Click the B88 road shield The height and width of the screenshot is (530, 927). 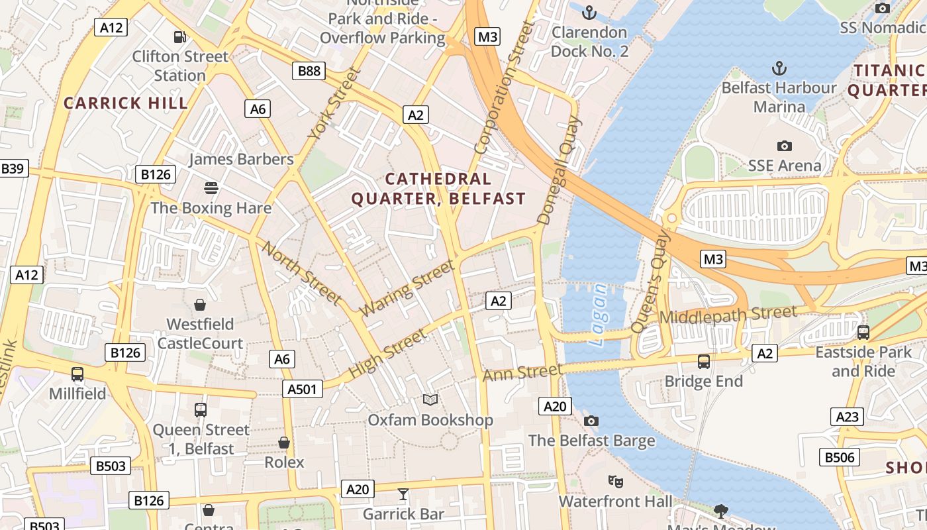pyautogui.click(x=309, y=71)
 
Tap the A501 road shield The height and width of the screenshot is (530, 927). pyautogui.click(x=303, y=389)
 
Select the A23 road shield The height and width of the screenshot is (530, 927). pyautogui.click(x=847, y=417)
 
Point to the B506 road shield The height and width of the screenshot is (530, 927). pyautogui.click(x=840, y=457)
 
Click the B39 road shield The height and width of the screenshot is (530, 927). pyautogui.click(x=12, y=168)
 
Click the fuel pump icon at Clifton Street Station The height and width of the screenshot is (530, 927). pyautogui.click(x=179, y=37)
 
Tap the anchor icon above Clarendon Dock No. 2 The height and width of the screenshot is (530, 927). pyautogui.click(x=589, y=13)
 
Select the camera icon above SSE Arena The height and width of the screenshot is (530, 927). pyautogui.click(x=784, y=146)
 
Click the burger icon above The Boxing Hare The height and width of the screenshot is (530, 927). pyautogui.click(x=211, y=188)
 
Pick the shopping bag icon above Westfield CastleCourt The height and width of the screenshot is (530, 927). pyautogui.click(x=200, y=305)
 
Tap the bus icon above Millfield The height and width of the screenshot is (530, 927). pyautogui.click(x=77, y=374)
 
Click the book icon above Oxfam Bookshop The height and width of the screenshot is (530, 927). pyautogui.click(x=430, y=399)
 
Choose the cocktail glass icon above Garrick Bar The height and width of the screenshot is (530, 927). pyautogui.click(x=403, y=494)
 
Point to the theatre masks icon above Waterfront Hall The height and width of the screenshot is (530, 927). pyautogui.click(x=615, y=482)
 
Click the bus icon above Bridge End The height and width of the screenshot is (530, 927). pyautogui.click(x=704, y=362)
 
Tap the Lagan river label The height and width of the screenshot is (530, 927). pyautogui.click(x=598, y=315)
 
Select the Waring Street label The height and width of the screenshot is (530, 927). pyautogui.click(x=407, y=288)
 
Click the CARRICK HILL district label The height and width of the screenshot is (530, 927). pyautogui.click(x=126, y=103)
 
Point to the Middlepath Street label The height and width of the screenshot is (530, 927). pyautogui.click(x=728, y=315)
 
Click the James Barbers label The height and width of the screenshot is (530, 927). pyautogui.click(x=241, y=159)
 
